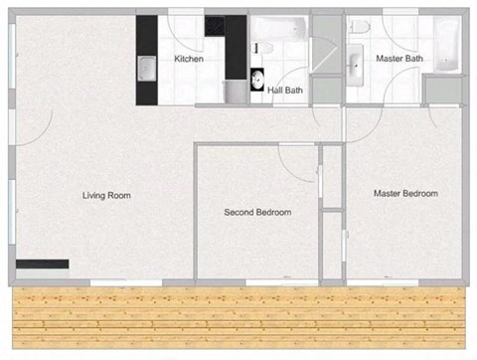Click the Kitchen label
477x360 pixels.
tap(189, 60)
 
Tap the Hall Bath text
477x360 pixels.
tap(285, 90)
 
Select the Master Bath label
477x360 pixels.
tap(399, 59)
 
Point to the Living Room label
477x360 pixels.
tap(106, 196)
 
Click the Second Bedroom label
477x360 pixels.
tap(257, 213)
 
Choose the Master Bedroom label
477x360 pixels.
tap(405, 193)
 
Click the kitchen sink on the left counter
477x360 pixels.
tap(145, 69)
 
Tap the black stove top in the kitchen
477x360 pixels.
tap(216, 26)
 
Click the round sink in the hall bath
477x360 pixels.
tap(258, 80)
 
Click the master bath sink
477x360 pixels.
tap(356, 67)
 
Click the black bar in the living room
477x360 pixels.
tap(42, 265)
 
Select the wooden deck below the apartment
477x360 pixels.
tap(238, 318)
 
